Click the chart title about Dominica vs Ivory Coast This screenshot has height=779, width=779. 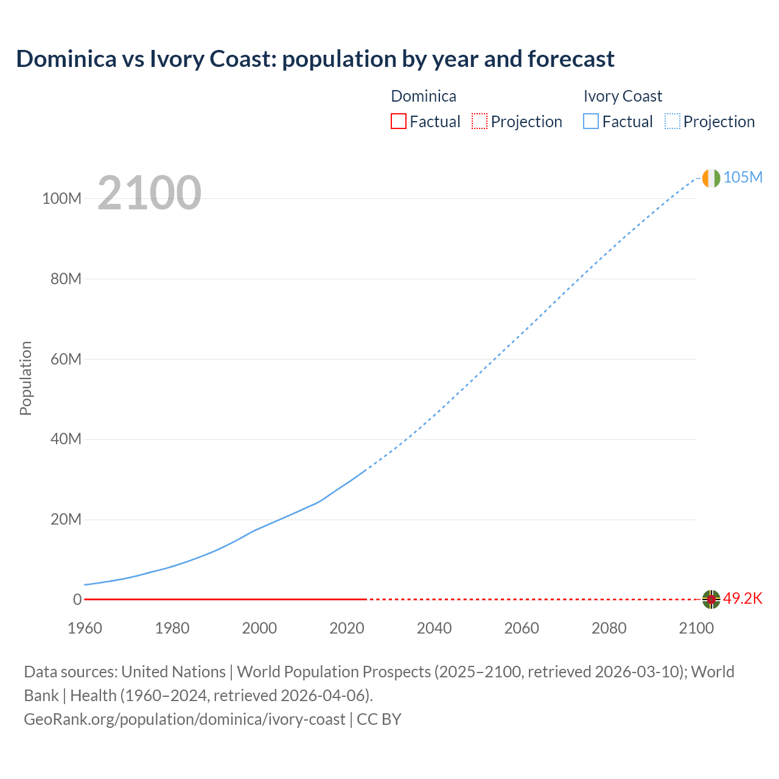pos(315,59)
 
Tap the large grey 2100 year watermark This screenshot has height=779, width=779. pos(149,193)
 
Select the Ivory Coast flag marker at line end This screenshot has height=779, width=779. pos(711,178)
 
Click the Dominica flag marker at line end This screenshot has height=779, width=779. pos(711,599)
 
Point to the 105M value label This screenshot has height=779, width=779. pos(742,177)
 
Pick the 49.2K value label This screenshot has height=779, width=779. pos(742,598)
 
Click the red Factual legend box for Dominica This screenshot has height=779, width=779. pos(398,122)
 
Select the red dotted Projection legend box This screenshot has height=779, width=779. pos(480,122)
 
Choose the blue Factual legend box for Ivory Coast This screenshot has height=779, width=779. pos(591,122)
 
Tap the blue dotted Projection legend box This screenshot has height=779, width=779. pos(672,122)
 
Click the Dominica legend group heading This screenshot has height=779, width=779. pos(424,96)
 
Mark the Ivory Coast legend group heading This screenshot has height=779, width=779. pos(623,96)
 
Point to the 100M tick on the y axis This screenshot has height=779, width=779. pos(61,199)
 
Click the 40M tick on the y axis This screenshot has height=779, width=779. pos(65,439)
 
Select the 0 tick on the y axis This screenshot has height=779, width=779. pos(77,599)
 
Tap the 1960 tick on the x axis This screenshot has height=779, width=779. pos(85,628)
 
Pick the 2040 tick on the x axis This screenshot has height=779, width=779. pos(434,628)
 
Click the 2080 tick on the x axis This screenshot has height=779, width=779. pos(609,628)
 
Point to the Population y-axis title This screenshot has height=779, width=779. pos(26,379)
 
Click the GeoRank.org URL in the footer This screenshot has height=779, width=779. pos(184,719)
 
